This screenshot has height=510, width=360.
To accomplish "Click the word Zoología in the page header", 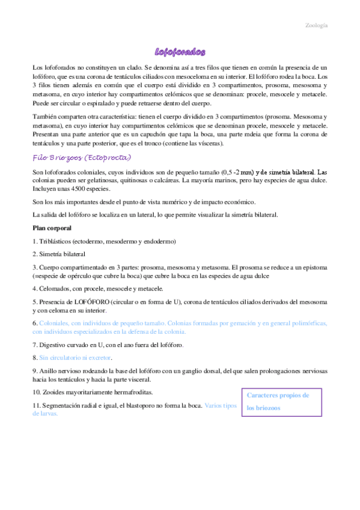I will [316, 26].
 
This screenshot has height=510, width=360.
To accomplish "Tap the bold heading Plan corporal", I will [52, 229].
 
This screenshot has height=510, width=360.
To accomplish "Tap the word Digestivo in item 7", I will [55, 345].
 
